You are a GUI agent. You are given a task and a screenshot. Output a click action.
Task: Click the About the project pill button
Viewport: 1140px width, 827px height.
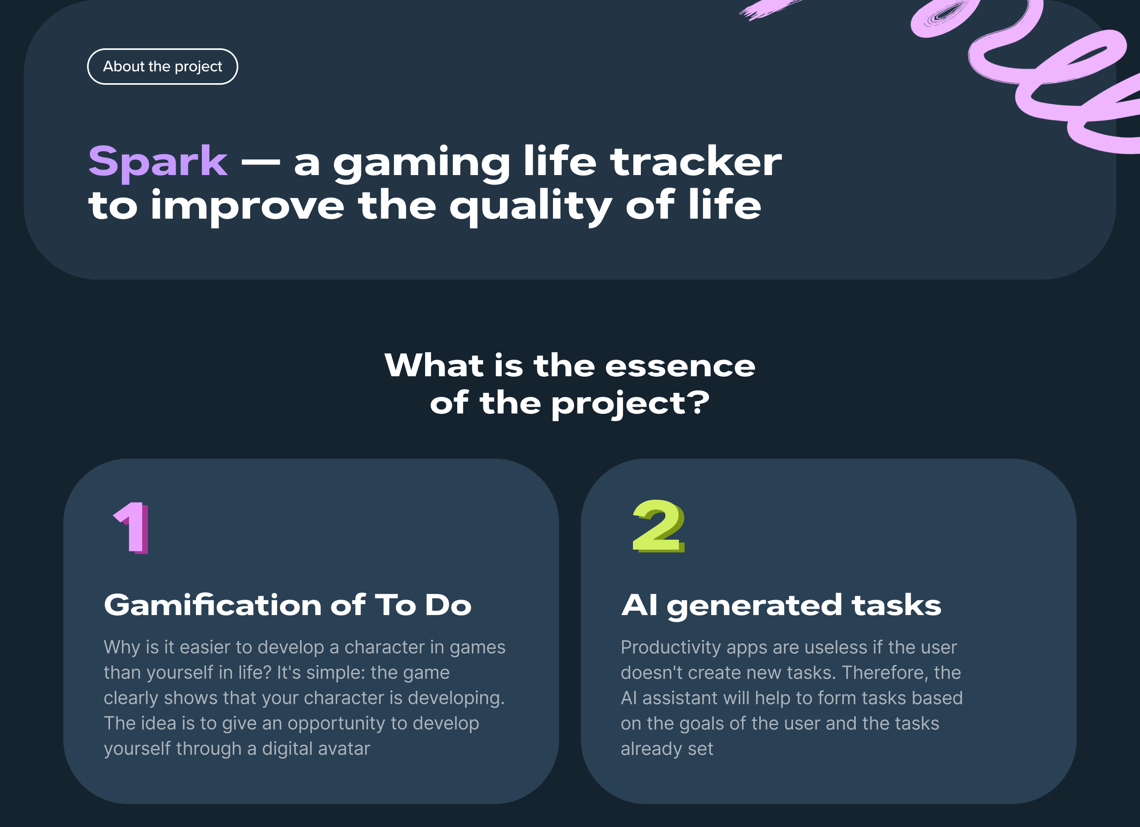(162, 67)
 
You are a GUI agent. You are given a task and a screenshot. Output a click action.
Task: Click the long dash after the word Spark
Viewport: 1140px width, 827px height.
(260, 162)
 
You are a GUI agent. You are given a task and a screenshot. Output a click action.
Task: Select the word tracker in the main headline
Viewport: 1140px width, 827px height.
(695, 162)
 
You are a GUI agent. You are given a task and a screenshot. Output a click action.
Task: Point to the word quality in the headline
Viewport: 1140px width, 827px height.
(530, 206)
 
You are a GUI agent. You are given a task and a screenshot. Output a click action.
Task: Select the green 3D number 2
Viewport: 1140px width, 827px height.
(658, 526)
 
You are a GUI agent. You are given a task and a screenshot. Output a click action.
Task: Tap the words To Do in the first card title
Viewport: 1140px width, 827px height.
(423, 605)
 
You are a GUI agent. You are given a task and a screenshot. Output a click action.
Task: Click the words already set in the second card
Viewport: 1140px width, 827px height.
(667, 749)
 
